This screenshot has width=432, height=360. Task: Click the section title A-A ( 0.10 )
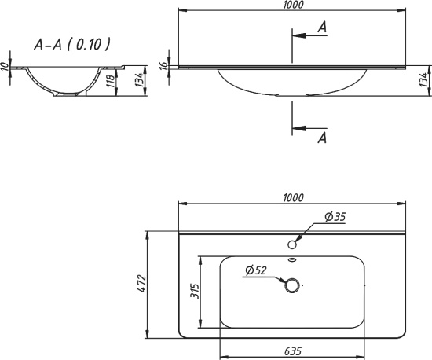(72, 44)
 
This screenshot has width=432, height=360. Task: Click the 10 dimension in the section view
(5, 67)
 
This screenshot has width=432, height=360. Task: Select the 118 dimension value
(111, 81)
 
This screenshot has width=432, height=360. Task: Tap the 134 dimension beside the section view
(140, 79)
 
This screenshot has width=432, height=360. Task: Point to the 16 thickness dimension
(163, 65)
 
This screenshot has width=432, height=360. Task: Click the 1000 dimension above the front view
(293, 5)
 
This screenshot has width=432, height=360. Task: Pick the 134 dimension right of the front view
(425, 79)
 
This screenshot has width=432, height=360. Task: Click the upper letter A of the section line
(322, 28)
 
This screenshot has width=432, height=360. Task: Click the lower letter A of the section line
(322, 138)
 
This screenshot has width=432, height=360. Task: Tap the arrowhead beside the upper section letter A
(299, 35)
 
